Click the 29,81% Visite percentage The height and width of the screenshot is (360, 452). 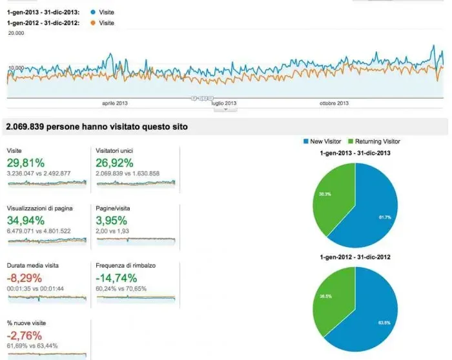pyautogui.click(x=26, y=162)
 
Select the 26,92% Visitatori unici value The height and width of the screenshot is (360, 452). pyautogui.click(x=115, y=162)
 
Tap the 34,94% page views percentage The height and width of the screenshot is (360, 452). pyautogui.click(x=27, y=220)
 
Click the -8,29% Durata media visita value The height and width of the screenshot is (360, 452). pyautogui.click(x=25, y=277)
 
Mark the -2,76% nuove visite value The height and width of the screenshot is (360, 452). pyautogui.click(x=25, y=335)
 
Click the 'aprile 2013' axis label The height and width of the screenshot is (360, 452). pyautogui.click(x=116, y=103)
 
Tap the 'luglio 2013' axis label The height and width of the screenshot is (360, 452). pyautogui.click(x=223, y=103)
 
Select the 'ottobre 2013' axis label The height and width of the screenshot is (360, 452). pyautogui.click(x=334, y=103)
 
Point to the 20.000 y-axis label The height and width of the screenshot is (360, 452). pyautogui.click(x=16, y=32)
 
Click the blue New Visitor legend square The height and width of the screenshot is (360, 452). pyautogui.click(x=305, y=141)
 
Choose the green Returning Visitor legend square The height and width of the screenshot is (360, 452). pyautogui.click(x=351, y=141)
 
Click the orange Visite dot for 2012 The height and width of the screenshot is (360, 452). pyautogui.click(x=94, y=23)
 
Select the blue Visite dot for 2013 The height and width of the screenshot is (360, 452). pyautogui.click(x=94, y=12)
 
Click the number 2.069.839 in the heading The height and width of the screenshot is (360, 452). pyautogui.click(x=30, y=127)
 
